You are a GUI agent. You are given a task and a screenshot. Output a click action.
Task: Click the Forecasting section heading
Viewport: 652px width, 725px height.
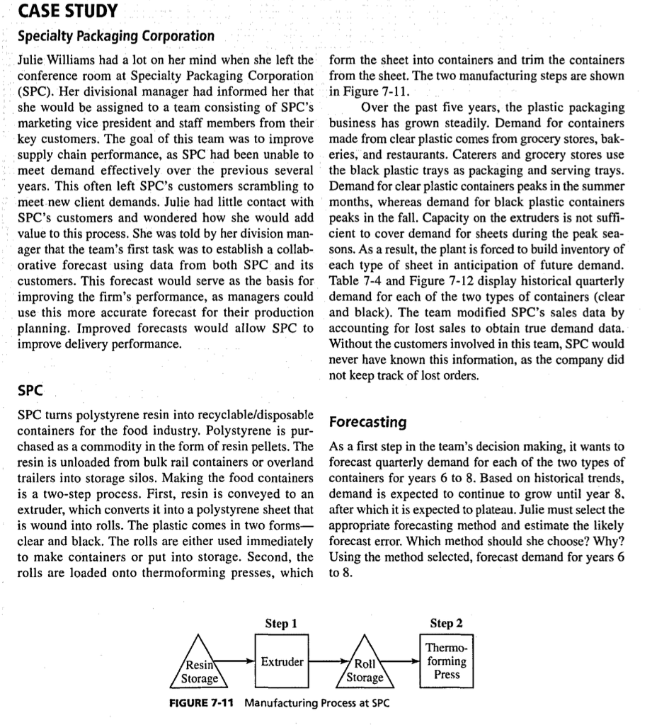(x=368, y=422)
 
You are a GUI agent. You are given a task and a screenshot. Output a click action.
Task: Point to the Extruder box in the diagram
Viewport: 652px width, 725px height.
(x=282, y=662)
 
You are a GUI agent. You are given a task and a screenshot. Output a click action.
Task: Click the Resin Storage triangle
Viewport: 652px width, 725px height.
(x=200, y=666)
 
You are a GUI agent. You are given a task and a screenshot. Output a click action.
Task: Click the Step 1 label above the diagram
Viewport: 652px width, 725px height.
(x=280, y=624)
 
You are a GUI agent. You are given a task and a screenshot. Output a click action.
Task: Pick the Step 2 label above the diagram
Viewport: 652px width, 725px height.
(x=447, y=624)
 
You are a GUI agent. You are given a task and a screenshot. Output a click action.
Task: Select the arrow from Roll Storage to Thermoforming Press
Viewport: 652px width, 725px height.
(x=408, y=662)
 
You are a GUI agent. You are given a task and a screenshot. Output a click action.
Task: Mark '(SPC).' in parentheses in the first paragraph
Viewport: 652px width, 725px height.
(x=33, y=92)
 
